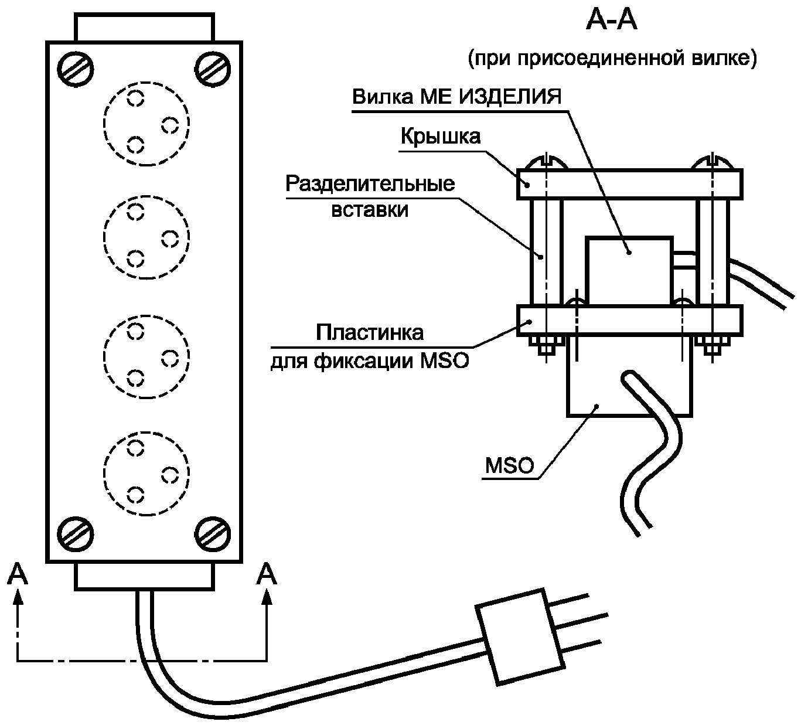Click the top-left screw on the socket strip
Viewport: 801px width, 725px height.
click(x=76, y=70)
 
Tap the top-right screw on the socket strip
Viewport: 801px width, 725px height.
click(x=213, y=70)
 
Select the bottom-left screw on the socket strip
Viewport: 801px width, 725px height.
click(x=76, y=535)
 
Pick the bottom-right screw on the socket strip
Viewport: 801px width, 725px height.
click(x=213, y=535)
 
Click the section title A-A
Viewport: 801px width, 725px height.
click(x=611, y=21)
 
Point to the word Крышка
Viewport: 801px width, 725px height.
click(x=441, y=137)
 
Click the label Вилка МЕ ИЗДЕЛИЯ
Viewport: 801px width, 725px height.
click(x=457, y=97)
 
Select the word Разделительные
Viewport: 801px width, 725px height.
click(x=370, y=184)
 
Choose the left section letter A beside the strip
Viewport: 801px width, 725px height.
click(x=18, y=574)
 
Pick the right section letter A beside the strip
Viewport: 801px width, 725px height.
click(x=267, y=574)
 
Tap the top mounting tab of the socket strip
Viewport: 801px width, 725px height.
click(x=144, y=27)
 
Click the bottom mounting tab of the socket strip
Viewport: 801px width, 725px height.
click(x=144, y=576)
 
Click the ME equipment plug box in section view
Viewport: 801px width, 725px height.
click(x=629, y=271)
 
